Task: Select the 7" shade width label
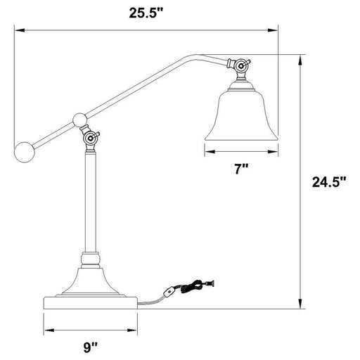coord(242,169)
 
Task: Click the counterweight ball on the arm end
coord(25,150)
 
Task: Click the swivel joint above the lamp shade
coord(242,67)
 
